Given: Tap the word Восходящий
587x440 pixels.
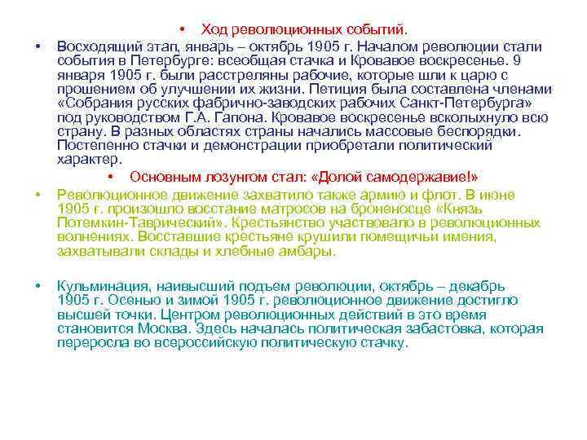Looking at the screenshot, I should pyautogui.click(x=94, y=46).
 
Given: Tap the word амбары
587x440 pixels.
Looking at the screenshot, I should pyautogui.click(x=310, y=251).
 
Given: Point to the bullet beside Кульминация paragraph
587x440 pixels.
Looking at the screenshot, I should pyautogui.click(x=38, y=285).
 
